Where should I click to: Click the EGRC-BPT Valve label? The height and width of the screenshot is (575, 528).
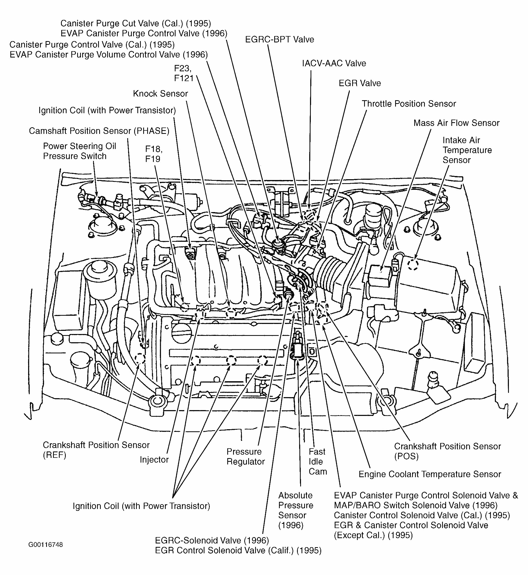(x=279, y=39)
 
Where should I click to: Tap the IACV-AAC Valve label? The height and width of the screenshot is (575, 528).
(x=334, y=63)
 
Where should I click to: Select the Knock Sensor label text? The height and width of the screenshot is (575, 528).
(x=160, y=94)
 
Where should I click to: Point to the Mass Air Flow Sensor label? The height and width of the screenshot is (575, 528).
(x=456, y=123)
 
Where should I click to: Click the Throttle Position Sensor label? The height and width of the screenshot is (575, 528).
(x=409, y=104)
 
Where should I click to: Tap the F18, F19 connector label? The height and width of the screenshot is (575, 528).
(x=154, y=154)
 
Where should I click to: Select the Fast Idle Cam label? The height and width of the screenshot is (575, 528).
(x=317, y=461)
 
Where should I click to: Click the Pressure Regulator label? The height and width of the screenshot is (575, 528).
(x=245, y=457)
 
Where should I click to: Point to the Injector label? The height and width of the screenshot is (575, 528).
(x=154, y=460)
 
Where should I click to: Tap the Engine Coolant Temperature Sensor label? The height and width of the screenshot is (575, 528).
(x=429, y=474)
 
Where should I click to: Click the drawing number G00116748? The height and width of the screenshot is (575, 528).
(x=45, y=545)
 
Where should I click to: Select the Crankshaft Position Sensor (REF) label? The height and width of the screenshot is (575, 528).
(x=96, y=450)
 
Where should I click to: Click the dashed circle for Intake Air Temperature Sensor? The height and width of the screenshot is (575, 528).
(x=413, y=264)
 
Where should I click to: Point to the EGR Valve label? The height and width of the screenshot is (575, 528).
(x=359, y=84)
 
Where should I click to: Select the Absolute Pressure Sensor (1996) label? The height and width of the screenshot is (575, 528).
(x=295, y=510)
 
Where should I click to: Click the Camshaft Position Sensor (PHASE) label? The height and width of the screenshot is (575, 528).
(x=99, y=131)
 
